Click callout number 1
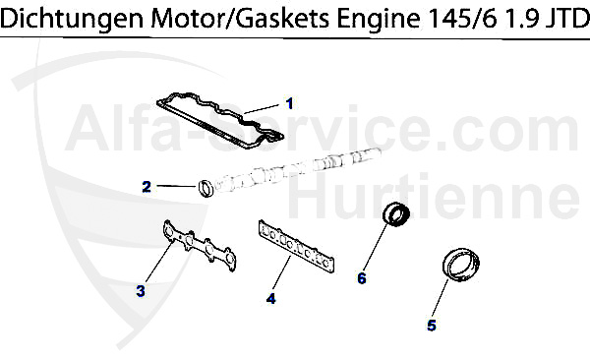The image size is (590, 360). [290, 102]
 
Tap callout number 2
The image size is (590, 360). [147, 185]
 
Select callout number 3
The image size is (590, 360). [141, 290]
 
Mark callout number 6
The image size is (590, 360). [361, 278]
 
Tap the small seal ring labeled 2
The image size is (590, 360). [206, 186]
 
